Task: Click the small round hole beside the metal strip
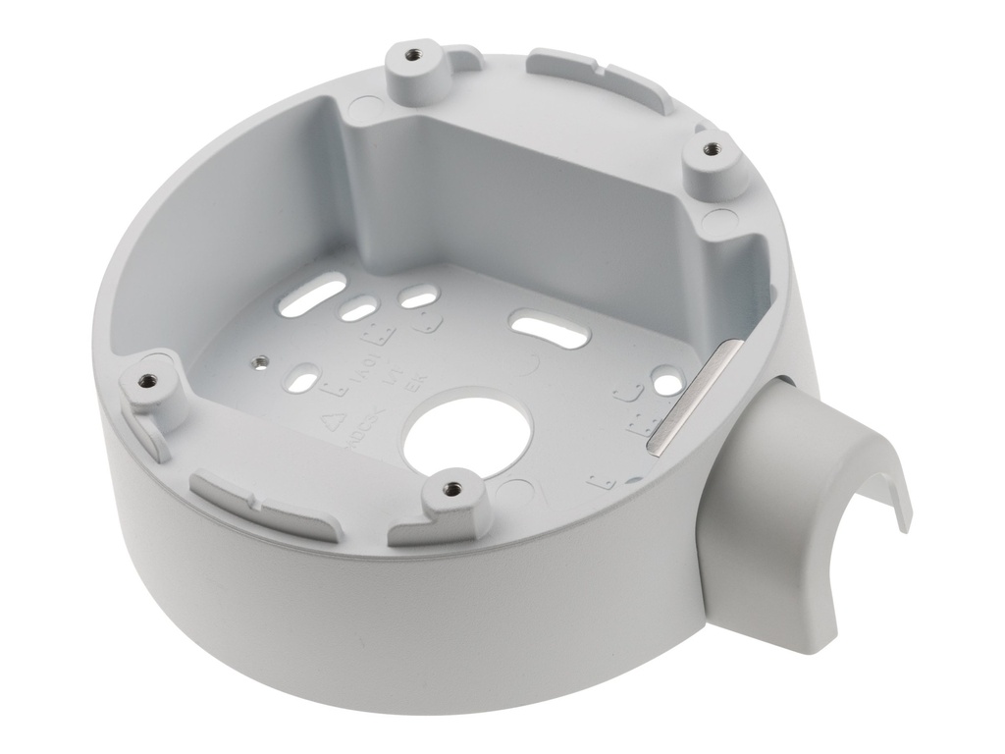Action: [x=666, y=376]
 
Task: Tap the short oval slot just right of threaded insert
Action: [x=304, y=377]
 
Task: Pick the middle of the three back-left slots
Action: [x=355, y=312]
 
